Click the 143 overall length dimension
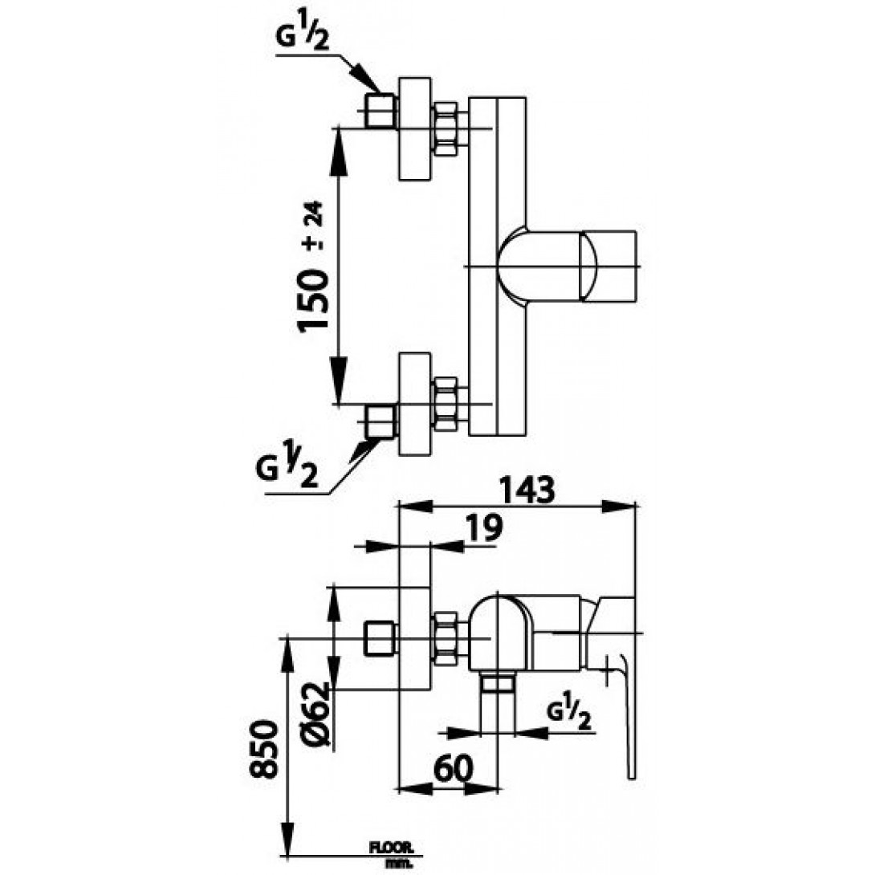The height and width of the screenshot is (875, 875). pyautogui.click(x=527, y=489)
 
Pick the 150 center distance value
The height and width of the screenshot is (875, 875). pyautogui.click(x=314, y=299)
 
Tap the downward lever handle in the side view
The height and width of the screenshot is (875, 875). pyautogui.click(x=629, y=714)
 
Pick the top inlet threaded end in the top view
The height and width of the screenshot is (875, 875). pyautogui.click(x=381, y=111)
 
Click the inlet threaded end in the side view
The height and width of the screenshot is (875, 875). pyautogui.click(x=380, y=638)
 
